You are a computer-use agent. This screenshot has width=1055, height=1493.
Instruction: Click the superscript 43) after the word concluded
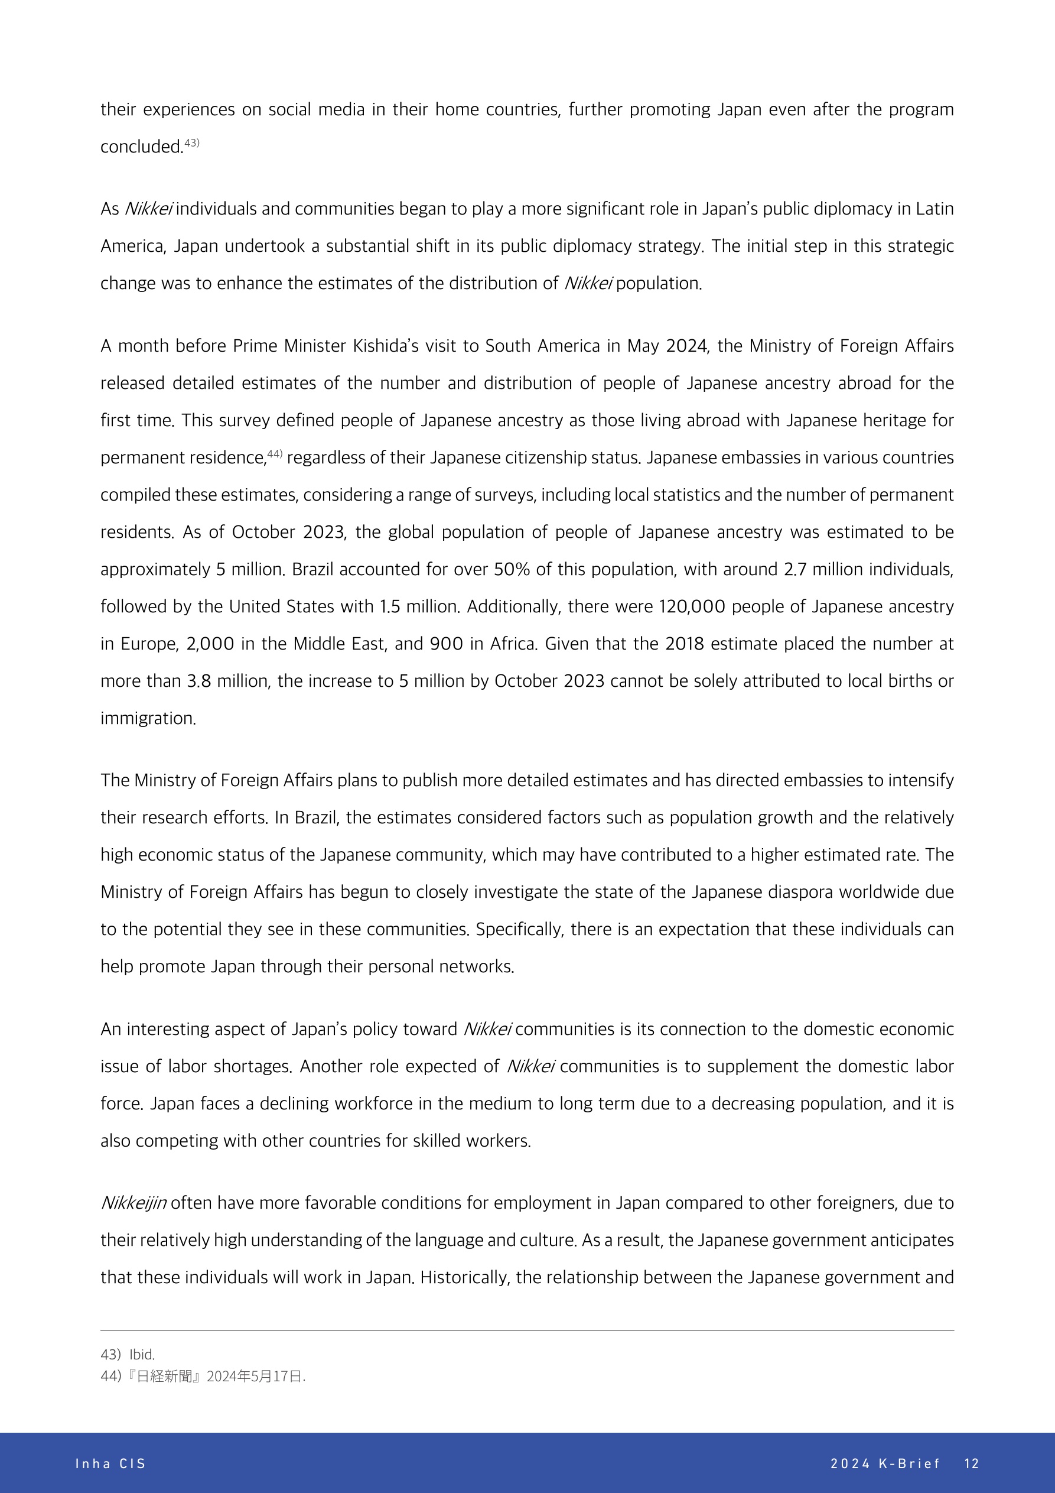coord(192,143)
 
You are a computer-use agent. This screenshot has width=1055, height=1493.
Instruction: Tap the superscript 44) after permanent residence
coord(275,454)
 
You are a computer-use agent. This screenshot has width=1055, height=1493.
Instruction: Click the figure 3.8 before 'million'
coord(199,681)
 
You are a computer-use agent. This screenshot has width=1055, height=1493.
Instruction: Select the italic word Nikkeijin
coord(134,1203)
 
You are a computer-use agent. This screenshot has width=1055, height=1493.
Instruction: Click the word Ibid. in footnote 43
coord(142,1355)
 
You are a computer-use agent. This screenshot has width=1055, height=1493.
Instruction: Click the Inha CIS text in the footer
coord(110,1463)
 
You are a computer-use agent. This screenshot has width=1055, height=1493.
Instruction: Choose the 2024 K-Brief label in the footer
coord(885,1463)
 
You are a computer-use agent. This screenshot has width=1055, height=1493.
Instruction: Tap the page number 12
coord(971,1463)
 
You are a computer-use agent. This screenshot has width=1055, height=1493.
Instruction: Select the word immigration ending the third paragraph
coord(148,719)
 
